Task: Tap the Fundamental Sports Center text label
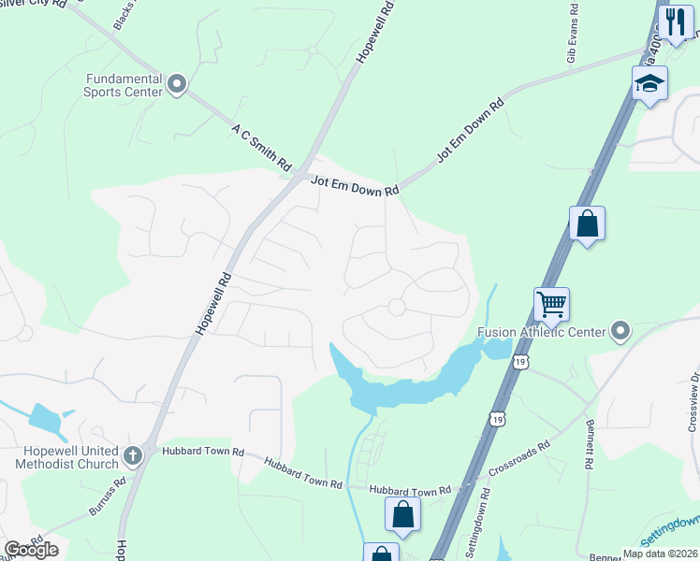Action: (x=123, y=86)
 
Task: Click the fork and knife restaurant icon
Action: (x=676, y=22)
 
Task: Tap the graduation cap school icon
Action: (x=649, y=83)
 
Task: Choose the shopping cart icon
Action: (x=552, y=303)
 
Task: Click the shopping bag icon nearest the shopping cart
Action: (x=587, y=223)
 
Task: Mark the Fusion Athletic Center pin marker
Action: (x=620, y=331)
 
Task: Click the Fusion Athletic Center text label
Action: (x=541, y=331)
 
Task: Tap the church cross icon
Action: (x=133, y=455)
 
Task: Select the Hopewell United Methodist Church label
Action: (x=67, y=457)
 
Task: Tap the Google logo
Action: (x=30, y=549)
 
